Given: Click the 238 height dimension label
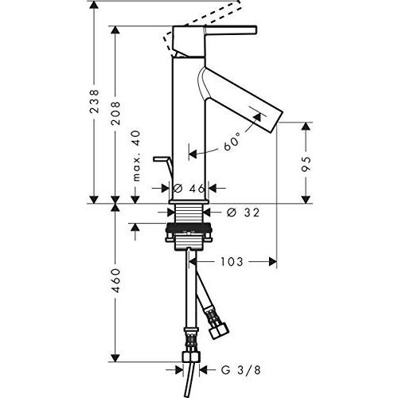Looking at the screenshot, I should pos(94,103).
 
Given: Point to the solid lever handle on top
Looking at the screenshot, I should pos(223,30).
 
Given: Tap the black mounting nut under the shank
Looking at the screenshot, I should pos(189,236).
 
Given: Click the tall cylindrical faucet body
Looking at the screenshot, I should pos(189,119).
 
